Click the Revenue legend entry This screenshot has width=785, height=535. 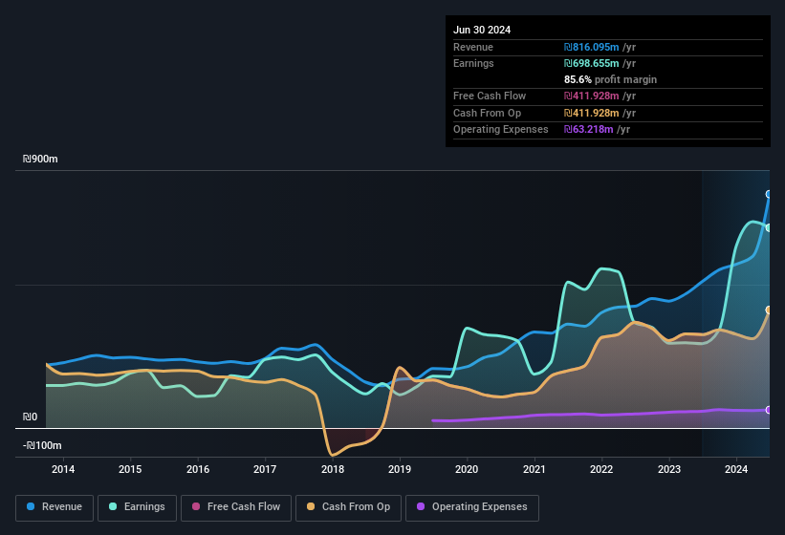click(55, 507)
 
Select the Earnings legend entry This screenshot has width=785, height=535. click(138, 507)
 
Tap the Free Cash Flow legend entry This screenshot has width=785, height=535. click(236, 507)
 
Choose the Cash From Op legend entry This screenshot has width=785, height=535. click(348, 507)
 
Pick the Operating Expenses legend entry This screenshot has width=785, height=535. click(471, 507)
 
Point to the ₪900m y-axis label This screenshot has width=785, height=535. click(41, 160)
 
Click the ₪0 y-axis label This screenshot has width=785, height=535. click(31, 417)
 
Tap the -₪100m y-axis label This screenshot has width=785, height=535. click(41, 446)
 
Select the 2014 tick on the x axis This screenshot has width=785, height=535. click(63, 469)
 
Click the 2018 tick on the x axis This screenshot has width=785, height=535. click(333, 469)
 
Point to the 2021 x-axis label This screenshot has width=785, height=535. click(534, 469)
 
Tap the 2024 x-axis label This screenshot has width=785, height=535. click(736, 469)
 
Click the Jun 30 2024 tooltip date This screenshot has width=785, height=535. click(482, 30)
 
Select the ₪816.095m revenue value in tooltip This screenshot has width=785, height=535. click(593, 47)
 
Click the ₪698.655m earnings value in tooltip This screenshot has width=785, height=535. click(593, 63)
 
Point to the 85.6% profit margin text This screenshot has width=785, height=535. click(610, 79)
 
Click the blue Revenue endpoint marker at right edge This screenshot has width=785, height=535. click(769, 194)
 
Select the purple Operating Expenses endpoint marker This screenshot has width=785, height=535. click(769, 410)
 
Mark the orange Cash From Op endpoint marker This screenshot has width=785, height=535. click(769, 310)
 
